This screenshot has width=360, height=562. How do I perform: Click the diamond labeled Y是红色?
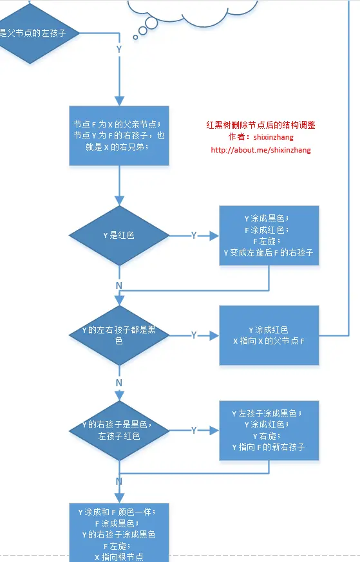point(118,236)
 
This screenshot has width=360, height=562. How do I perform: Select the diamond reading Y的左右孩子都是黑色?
point(118,335)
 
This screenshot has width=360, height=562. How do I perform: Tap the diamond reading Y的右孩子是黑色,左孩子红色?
point(118,430)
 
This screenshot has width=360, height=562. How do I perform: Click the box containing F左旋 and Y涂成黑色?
point(269,236)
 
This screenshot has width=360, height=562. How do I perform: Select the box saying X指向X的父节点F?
point(269,335)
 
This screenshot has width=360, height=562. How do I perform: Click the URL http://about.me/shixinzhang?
point(260,150)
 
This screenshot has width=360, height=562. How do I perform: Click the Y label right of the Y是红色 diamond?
point(194,236)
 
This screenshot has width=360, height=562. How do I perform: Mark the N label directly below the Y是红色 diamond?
point(118,285)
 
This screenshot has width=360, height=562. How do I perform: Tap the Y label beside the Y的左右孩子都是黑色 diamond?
point(194,335)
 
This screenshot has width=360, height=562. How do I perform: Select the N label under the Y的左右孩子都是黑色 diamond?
point(118,383)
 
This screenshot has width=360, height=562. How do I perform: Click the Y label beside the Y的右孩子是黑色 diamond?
point(194,430)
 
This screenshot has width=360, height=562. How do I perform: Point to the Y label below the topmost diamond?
point(118,50)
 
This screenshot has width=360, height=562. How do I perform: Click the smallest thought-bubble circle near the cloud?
point(135,37)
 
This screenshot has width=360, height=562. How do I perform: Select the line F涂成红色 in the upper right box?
point(269,230)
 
